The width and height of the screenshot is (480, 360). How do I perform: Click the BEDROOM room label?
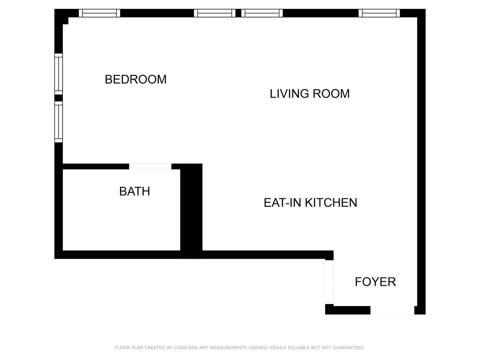(136, 79)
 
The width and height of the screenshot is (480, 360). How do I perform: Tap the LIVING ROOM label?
(310, 94)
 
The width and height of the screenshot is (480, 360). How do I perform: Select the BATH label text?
(134, 192)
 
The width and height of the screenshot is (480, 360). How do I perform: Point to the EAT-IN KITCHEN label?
(310, 203)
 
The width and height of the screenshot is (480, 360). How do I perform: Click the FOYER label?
(375, 282)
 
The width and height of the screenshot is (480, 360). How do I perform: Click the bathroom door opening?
(150, 166)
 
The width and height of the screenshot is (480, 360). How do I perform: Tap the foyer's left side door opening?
(329, 282)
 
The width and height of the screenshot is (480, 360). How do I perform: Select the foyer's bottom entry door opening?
(392, 310)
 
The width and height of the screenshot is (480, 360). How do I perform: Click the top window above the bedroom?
(99, 13)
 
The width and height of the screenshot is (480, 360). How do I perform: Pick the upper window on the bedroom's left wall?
(59, 74)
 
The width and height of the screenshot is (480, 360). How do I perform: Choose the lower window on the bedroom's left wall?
(59, 122)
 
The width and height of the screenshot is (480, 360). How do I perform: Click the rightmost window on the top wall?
(379, 13)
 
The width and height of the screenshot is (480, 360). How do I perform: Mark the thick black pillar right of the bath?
(191, 211)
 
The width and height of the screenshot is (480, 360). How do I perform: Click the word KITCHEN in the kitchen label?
(331, 203)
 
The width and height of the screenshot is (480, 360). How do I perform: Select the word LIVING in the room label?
(289, 94)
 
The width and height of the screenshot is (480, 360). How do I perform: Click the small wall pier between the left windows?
(59, 98)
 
